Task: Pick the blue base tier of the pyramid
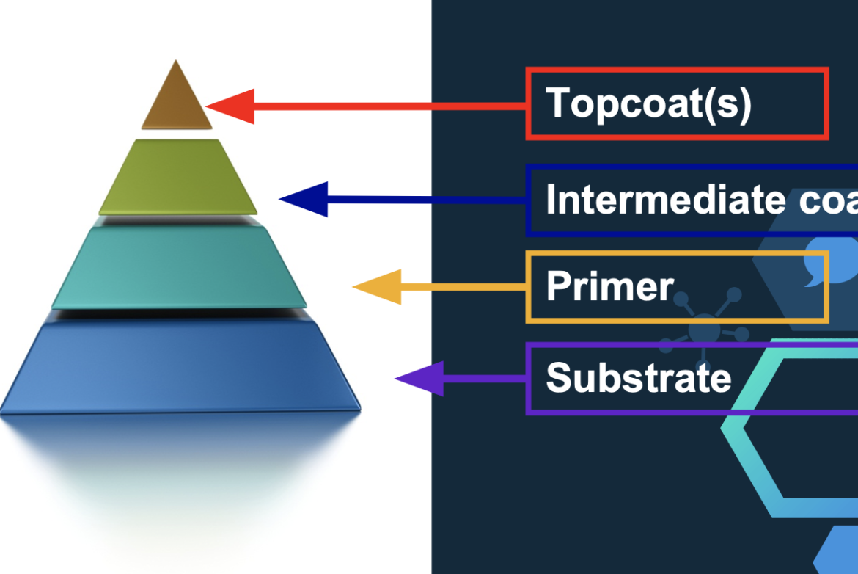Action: (x=180, y=367)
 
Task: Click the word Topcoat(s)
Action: (x=649, y=103)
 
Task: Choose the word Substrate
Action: (x=639, y=378)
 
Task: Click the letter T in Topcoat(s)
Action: (x=559, y=102)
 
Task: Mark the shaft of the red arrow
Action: (x=389, y=107)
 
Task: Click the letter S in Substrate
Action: (x=560, y=378)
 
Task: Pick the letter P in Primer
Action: (x=559, y=286)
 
